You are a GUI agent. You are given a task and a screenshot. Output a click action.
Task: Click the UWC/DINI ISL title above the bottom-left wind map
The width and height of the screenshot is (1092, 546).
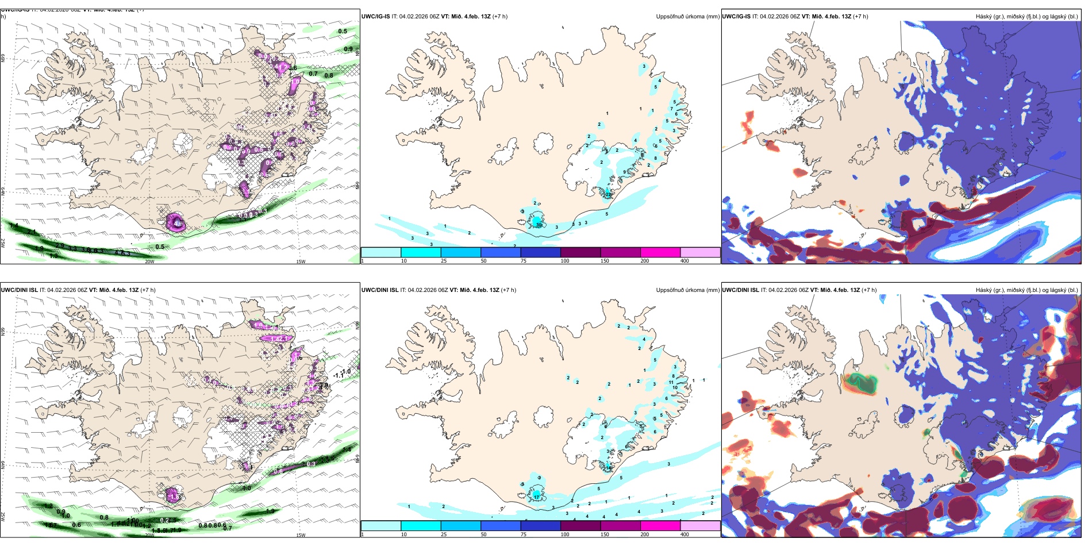pyautogui.click(x=19, y=290)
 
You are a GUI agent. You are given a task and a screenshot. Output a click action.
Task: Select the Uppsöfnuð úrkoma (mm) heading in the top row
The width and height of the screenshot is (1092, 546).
pyautogui.click(x=687, y=17)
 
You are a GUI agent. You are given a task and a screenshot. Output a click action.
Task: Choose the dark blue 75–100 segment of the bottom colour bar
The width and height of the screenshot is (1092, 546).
pyautogui.click(x=540, y=525)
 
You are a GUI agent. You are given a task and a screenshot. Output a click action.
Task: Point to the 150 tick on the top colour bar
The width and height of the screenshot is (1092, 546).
pyautogui.click(x=605, y=261)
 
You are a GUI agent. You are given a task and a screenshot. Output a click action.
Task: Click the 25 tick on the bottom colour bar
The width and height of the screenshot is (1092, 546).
pyautogui.click(x=444, y=535)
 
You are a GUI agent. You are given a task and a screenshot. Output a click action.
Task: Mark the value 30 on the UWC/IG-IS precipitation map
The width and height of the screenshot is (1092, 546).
pyautogui.click(x=539, y=225)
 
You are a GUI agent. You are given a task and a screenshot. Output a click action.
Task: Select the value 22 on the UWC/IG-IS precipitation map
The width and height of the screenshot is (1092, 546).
pyautogui.click(x=607, y=194)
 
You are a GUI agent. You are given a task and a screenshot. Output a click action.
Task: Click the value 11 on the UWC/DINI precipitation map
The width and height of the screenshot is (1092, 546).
pyautogui.click(x=671, y=382)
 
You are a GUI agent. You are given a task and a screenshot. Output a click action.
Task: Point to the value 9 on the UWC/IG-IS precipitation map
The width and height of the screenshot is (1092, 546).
pyautogui.click(x=625, y=172)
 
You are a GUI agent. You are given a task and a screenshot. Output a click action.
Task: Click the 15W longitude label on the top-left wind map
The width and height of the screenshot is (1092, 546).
pyautogui.click(x=300, y=262)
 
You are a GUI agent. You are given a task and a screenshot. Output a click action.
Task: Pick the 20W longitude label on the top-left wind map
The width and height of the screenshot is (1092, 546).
pyautogui.click(x=149, y=262)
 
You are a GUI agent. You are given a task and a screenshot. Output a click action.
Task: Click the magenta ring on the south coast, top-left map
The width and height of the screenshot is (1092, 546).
pyautogui.click(x=176, y=223)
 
